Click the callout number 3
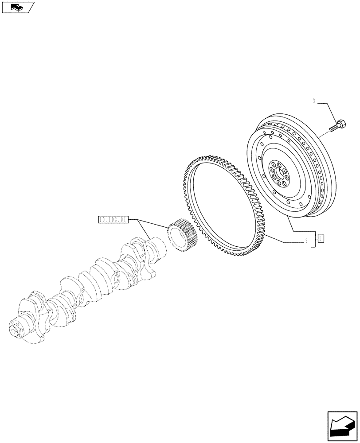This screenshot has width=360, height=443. coord(313,102)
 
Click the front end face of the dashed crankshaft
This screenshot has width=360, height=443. coord(16,331)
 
